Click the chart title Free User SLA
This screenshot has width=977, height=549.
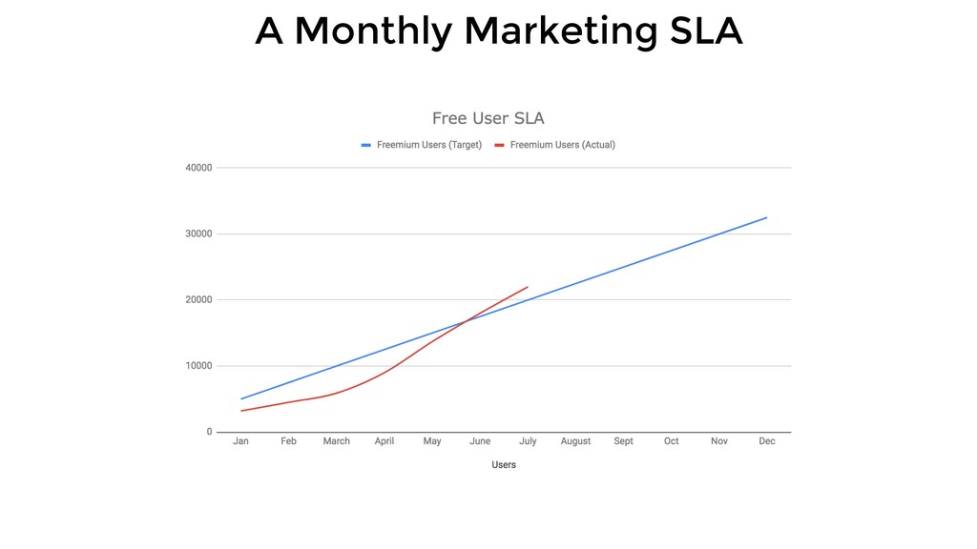pyautogui.click(x=488, y=118)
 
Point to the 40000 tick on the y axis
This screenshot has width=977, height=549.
pyautogui.click(x=198, y=168)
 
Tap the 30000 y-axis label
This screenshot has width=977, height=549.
pyautogui.click(x=198, y=234)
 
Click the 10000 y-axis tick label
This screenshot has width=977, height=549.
pyautogui.click(x=198, y=366)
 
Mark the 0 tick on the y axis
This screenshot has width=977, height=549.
pyautogui.click(x=209, y=432)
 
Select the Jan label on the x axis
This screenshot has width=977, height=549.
pyautogui.click(x=240, y=441)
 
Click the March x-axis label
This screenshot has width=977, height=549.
pyautogui.click(x=337, y=441)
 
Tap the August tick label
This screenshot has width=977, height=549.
pyautogui.click(x=575, y=441)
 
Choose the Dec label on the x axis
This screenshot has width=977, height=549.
pyautogui.click(x=767, y=441)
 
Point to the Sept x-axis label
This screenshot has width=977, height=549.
pyautogui.click(x=623, y=441)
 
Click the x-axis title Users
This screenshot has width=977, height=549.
pyautogui.click(x=504, y=465)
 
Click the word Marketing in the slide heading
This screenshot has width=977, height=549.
pyautogui.click(x=561, y=31)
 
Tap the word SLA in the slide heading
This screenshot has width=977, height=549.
pyautogui.click(x=706, y=30)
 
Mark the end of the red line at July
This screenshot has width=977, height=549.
pyautogui.click(x=528, y=287)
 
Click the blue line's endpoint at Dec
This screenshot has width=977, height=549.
pyautogui.click(x=767, y=217)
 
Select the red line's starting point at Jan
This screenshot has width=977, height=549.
pyautogui.click(x=241, y=411)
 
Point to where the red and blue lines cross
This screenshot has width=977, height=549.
pyautogui.click(x=465, y=321)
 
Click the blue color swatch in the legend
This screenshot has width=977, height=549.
pyautogui.click(x=365, y=145)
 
